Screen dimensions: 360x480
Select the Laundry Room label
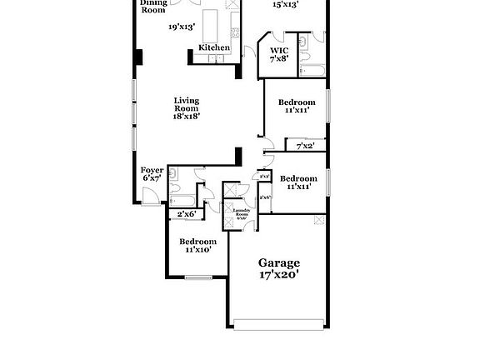click(x=241, y=213)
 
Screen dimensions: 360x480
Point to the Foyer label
click(x=152, y=170)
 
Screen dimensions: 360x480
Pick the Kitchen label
click(x=214, y=47)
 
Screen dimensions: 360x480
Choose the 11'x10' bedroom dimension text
click(x=197, y=248)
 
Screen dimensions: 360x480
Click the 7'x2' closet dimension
click(x=306, y=147)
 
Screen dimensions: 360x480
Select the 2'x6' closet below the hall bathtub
click(x=186, y=214)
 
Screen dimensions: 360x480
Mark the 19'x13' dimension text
click(x=181, y=27)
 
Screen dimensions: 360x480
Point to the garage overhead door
click(x=277, y=324)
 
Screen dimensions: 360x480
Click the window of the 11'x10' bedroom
click(x=201, y=277)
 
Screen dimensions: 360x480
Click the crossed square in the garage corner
click(x=317, y=220)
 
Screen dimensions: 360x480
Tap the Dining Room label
click(x=152, y=7)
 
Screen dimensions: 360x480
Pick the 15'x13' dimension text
click(x=286, y=5)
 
